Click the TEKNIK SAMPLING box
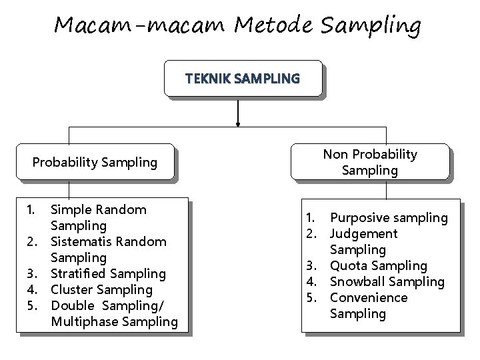pos(243,79)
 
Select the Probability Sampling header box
pos(95,162)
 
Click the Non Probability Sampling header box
pos(370,162)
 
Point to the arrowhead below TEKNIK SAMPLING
pos(239,122)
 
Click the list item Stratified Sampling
pos(109,273)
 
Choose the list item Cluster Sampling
pos(102,289)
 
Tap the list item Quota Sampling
pos(379,265)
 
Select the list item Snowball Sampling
pos(387,281)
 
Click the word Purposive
pos(359,217)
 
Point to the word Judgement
pos(364,233)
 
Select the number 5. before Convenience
pos(311,297)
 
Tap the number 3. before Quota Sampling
pos(311,265)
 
